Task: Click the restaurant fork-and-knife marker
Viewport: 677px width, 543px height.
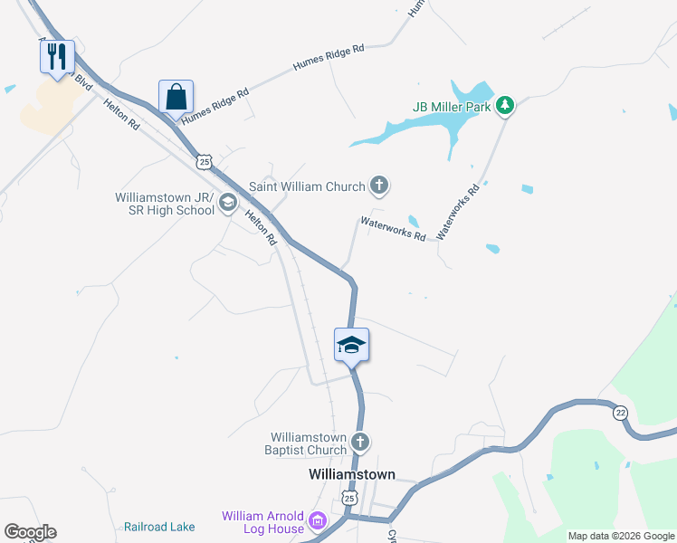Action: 56,58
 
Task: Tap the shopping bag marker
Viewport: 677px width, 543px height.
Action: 176,98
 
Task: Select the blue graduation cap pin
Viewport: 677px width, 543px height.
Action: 351,346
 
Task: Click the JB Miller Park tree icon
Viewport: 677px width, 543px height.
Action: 505,106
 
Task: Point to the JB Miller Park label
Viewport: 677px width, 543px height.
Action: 452,106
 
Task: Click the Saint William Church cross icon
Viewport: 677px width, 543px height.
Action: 379,186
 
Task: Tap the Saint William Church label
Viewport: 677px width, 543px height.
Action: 308,186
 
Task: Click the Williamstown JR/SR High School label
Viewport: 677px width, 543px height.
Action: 164,204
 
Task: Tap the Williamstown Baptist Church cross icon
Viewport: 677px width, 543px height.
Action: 359,443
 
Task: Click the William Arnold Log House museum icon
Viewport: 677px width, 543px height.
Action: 318,521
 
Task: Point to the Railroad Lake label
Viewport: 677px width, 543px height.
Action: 159,526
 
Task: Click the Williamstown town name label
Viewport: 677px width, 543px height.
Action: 352,474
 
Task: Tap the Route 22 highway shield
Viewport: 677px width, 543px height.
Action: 620,412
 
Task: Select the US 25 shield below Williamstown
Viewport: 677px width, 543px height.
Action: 350,497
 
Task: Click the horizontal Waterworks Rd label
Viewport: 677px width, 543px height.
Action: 393,227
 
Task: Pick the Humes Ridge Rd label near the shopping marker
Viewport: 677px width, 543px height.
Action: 215,106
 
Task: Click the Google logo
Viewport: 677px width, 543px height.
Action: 30,532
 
